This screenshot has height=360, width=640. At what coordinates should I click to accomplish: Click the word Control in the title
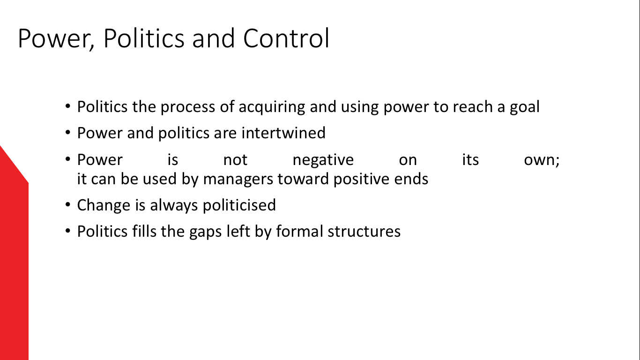click(x=286, y=38)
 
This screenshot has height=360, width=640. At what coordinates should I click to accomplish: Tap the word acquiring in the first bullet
click(x=272, y=107)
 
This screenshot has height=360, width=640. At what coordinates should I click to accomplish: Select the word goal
click(x=525, y=107)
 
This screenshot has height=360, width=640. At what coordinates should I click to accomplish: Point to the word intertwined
click(x=283, y=133)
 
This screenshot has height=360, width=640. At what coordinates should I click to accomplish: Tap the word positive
click(x=361, y=180)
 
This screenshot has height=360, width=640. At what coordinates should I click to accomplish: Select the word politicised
click(x=239, y=205)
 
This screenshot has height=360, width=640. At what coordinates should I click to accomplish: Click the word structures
click(x=364, y=232)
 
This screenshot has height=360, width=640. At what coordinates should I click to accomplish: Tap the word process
click(x=188, y=107)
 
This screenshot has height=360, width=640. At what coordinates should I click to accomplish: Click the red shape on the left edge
click(x=14, y=257)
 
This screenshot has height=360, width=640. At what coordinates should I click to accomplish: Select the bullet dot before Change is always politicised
click(x=68, y=205)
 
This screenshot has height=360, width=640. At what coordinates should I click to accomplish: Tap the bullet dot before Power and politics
click(x=68, y=133)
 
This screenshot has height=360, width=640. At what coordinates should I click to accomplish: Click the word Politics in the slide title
click(x=144, y=38)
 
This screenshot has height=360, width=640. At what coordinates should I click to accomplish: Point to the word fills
click(x=144, y=231)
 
